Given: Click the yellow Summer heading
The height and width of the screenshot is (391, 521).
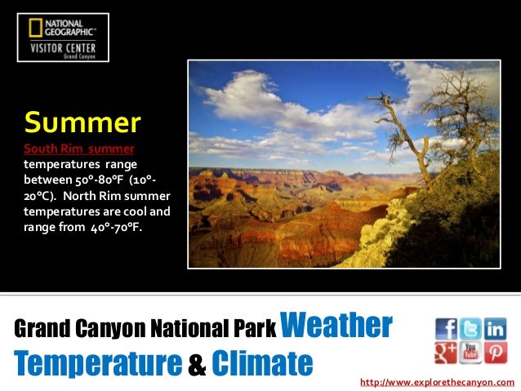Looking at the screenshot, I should pos(82,123).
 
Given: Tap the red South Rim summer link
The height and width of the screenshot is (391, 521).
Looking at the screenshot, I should pos(78,149).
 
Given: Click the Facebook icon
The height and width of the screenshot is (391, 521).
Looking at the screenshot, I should pos(446,328).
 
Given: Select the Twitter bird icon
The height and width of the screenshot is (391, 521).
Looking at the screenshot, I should pos(470,328).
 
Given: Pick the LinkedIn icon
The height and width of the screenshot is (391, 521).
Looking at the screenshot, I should pos(495,328).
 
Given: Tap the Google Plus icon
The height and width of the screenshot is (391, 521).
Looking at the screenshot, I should pos(446,353).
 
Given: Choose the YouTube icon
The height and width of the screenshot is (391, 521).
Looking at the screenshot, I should pos(470,353).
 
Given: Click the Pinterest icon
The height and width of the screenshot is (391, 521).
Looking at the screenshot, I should pos(495,353).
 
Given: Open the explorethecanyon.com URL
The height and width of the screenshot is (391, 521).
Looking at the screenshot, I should pos(437,382).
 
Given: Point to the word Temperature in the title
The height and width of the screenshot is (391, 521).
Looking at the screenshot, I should pos(95,362).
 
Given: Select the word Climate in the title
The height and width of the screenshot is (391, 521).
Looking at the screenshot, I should pos(261,362).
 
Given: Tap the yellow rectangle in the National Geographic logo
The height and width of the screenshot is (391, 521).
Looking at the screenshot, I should pos(35,29).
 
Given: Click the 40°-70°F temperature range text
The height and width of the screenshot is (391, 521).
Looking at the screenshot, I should pos(109,226).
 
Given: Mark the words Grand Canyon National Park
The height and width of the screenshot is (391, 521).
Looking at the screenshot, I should pos(145,329).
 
